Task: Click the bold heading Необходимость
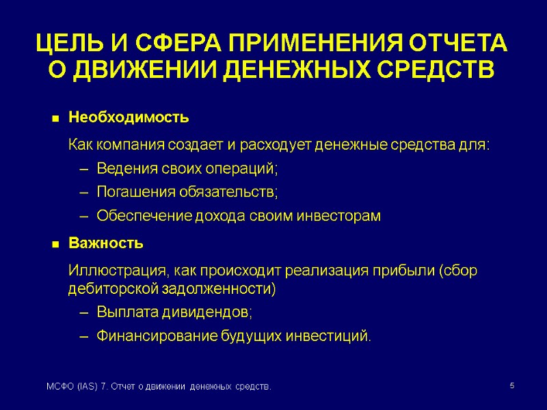point(129,118)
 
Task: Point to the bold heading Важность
point(106,243)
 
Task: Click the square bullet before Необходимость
point(55,119)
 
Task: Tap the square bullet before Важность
point(55,244)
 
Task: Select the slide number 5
point(513,387)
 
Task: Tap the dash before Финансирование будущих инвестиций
point(84,336)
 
